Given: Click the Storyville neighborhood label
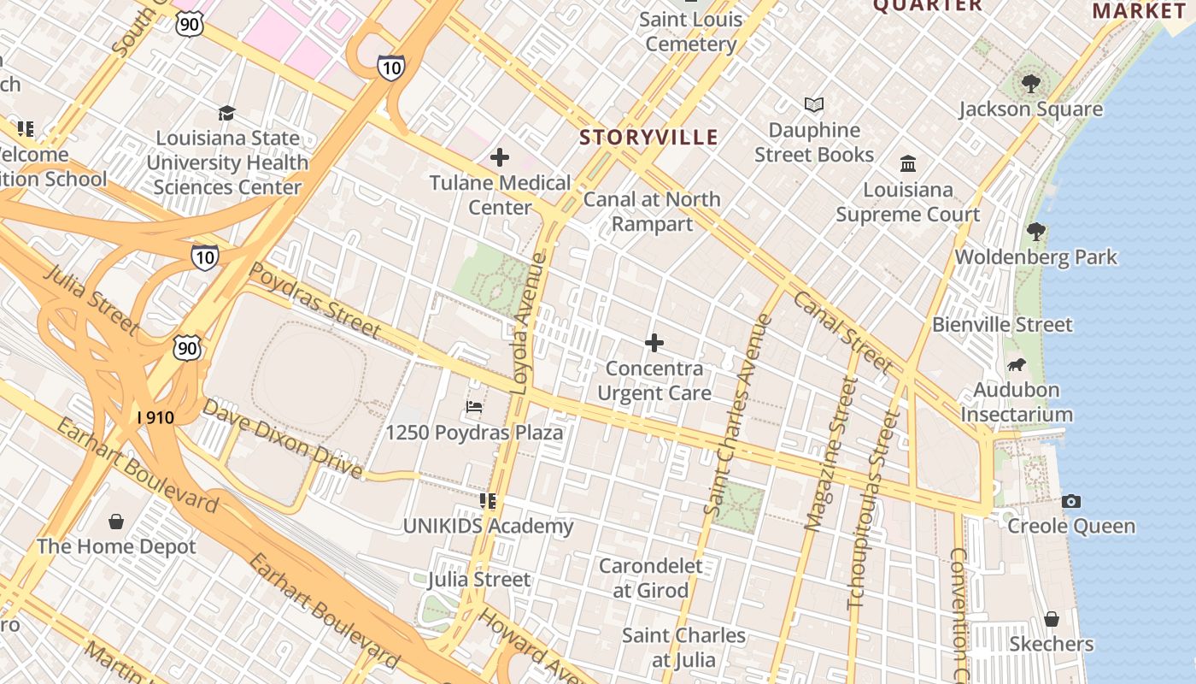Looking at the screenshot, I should click(648, 138).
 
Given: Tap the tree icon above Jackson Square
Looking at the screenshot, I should click(1031, 83).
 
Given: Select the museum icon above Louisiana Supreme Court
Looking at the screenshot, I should click(908, 163).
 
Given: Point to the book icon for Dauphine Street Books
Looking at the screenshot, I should click(814, 104).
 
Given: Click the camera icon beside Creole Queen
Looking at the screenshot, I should click(1071, 501).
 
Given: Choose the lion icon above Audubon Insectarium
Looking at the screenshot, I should click(1017, 365).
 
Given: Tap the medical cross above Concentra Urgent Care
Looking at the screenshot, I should click(654, 343).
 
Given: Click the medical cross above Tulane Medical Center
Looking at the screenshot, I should click(500, 157).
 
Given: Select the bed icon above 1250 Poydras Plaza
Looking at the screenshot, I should click(474, 407).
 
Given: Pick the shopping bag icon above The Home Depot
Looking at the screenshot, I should click(116, 521).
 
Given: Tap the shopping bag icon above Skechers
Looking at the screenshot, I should click(1052, 618).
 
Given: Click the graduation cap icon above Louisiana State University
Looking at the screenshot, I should click(226, 113).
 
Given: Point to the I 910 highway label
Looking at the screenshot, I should click(155, 418).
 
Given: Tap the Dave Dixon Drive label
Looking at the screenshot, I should click(283, 439).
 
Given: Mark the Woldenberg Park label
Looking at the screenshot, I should click(1035, 256).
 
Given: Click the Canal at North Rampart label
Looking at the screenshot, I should click(652, 211).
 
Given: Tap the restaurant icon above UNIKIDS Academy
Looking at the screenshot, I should click(488, 500).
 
